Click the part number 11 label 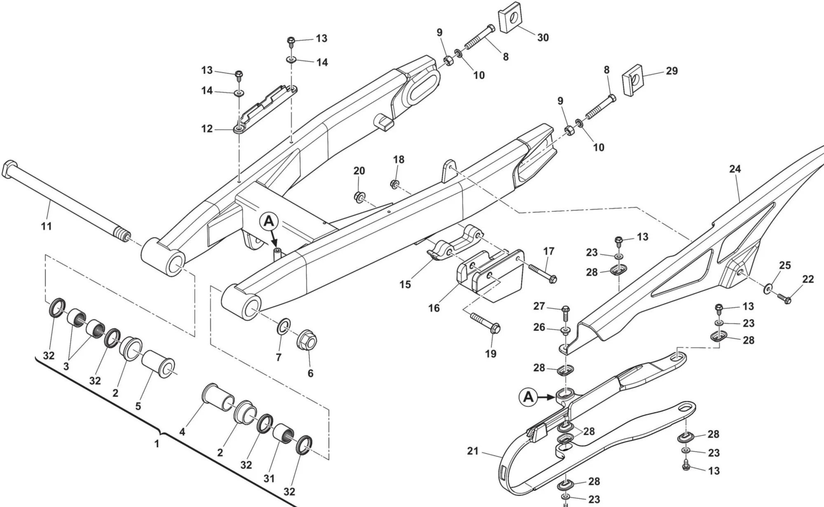(47, 226)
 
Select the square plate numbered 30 (511, 20)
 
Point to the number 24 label (735, 169)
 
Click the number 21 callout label (473, 451)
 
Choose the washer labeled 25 (768, 289)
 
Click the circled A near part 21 (528, 397)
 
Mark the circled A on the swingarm (269, 222)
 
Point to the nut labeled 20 (359, 196)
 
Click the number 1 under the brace (157, 444)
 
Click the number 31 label (269, 479)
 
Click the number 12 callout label (207, 129)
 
